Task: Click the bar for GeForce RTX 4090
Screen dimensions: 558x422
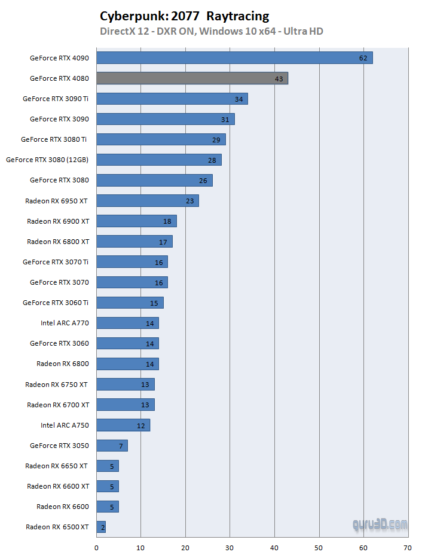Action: (234, 57)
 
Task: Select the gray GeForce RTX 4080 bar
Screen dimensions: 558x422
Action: (192, 78)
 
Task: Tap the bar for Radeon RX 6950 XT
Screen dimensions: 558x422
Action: (147, 200)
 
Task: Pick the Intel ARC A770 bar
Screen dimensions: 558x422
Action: (127, 323)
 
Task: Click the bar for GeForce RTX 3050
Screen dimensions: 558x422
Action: (112, 445)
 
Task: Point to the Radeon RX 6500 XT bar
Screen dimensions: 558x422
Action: (101, 527)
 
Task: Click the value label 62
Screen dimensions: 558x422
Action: (363, 58)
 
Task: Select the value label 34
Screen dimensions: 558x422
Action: (239, 99)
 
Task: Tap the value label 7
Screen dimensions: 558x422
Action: (121, 446)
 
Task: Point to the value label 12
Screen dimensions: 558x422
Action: (141, 426)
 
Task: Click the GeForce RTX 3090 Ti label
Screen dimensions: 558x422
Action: (56, 99)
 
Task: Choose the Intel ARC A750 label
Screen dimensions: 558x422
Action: (65, 425)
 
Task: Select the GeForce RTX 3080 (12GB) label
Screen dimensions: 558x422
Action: (47, 160)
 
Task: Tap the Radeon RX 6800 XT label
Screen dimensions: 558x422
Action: (58, 241)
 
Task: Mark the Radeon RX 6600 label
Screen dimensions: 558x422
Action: (63, 507)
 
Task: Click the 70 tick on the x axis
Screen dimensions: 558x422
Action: (408, 547)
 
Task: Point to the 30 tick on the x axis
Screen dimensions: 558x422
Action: (230, 547)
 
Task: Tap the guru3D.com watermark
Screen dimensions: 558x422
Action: (380, 525)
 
